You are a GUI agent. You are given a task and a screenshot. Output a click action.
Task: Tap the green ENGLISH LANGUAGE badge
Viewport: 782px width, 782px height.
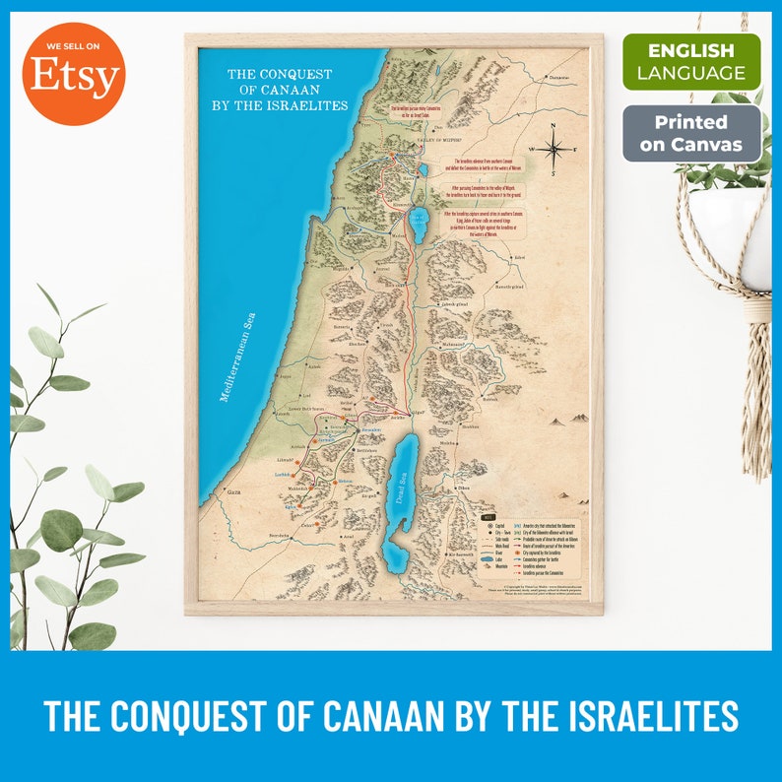pyautogui.click(x=691, y=62)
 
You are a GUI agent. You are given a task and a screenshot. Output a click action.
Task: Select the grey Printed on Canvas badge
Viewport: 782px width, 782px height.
pyautogui.click(x=691, y=134)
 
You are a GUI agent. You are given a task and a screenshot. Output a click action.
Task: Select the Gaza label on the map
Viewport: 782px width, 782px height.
pyautogui.click(x=233, y=489)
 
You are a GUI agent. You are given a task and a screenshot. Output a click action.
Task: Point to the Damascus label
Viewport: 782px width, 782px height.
pyautogui.click(x=558, y=77)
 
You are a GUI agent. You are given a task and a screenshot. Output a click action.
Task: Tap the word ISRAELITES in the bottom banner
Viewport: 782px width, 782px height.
pyautogui.click(x=639, y=716)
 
